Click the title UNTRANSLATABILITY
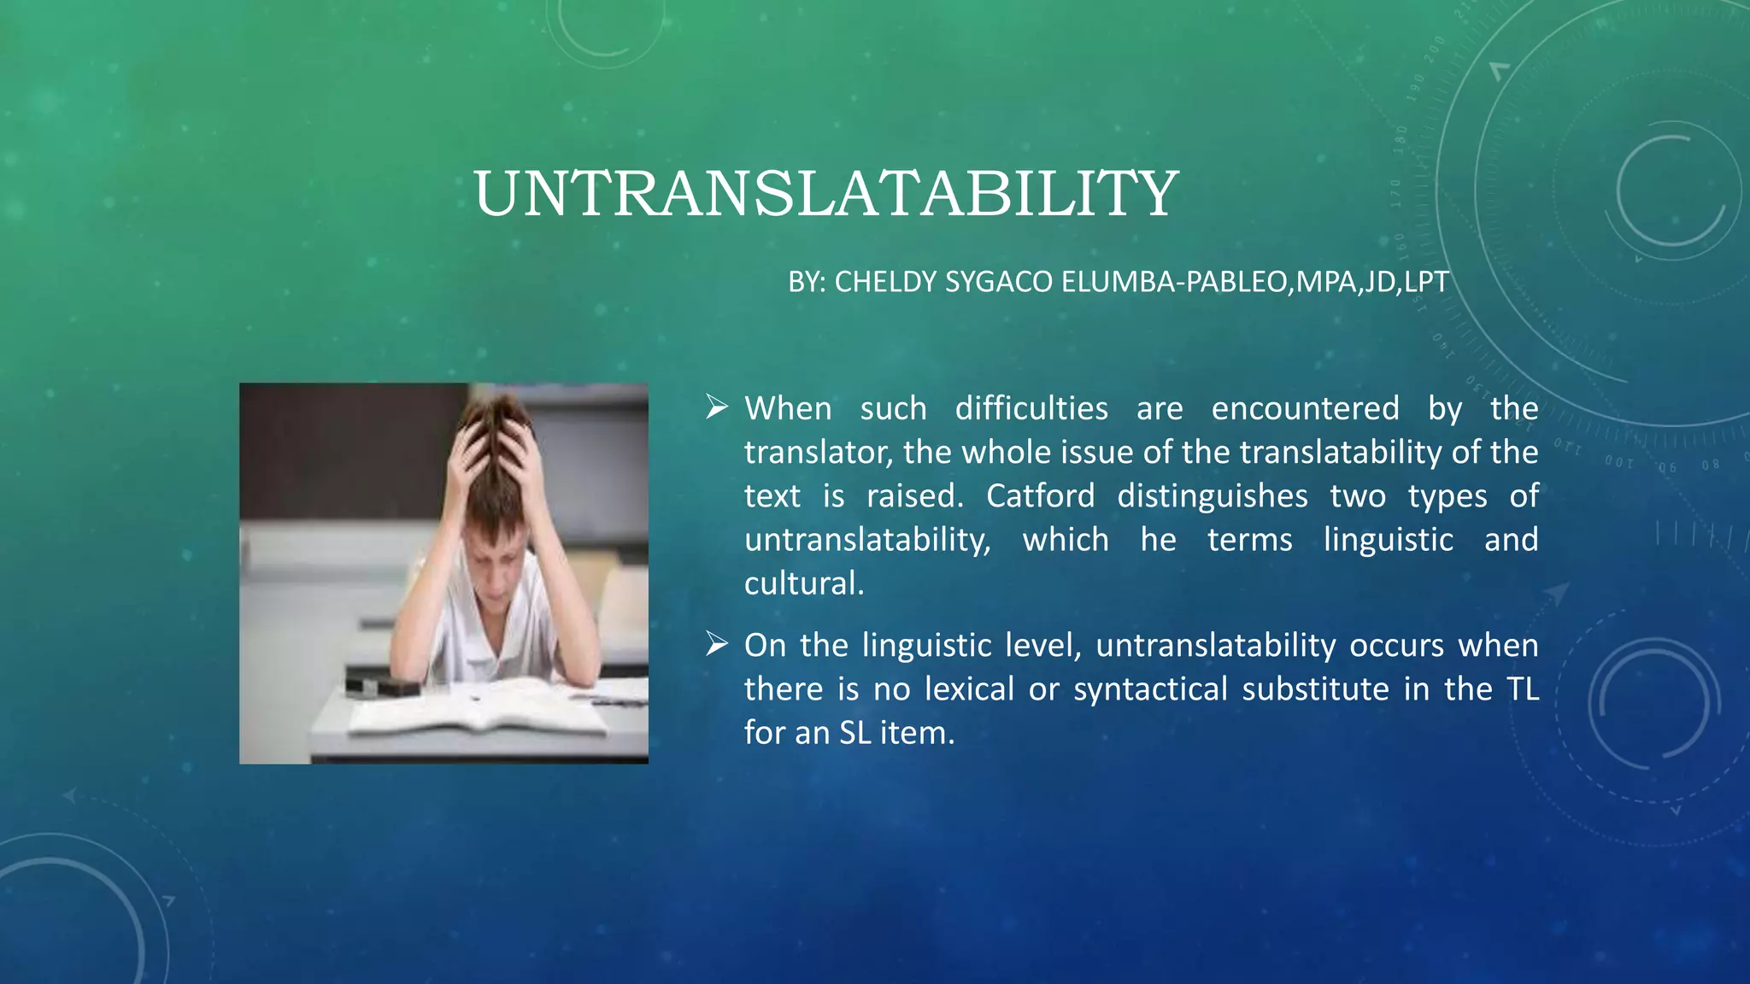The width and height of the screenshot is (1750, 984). tap(825, 194)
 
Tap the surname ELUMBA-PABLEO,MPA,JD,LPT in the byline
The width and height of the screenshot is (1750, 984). tap(1254, 282)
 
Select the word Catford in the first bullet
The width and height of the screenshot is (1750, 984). tap(1040, 496)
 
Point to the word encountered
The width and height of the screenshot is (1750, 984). tap(1305, 408)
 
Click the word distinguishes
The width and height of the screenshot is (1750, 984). tap(1212, 496)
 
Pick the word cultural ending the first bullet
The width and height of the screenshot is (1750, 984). tap(803, 583)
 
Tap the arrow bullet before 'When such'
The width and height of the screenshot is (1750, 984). tap(716, 407)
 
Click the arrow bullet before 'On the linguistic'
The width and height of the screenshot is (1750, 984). tap(716, 644)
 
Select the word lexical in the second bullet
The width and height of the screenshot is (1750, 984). tap(969, 688)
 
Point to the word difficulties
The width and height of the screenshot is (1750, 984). tap(1031, 408)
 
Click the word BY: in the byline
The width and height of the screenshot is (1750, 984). tap(807, 282)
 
